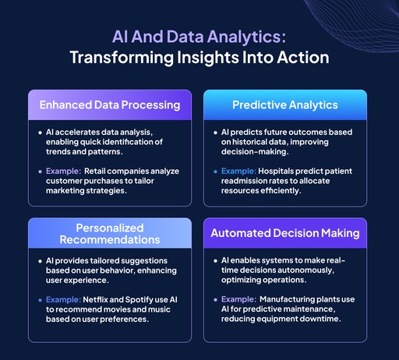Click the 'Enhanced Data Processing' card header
(x=110, y=104)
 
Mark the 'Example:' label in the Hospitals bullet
(x=241, y=168)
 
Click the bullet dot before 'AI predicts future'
(x=215, y=132)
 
